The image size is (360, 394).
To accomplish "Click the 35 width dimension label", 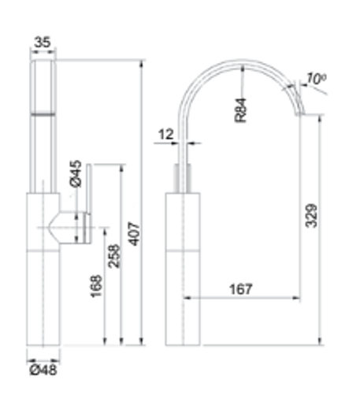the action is pos(43,42).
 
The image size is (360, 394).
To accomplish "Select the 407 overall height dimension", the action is pos(135,234).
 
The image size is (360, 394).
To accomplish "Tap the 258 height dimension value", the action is pos(114,256).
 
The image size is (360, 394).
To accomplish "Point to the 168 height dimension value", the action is pos(96,286).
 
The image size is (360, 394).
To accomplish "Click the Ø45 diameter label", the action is pos(76,173).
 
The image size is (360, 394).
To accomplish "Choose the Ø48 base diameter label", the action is pos(43,370).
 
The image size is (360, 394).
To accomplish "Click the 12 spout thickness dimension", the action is pos(166,135).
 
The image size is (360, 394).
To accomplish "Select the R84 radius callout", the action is pos(240,110).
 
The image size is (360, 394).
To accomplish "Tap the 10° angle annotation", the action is pos(316,79).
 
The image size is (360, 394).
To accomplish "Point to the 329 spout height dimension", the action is pos(311,216).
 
